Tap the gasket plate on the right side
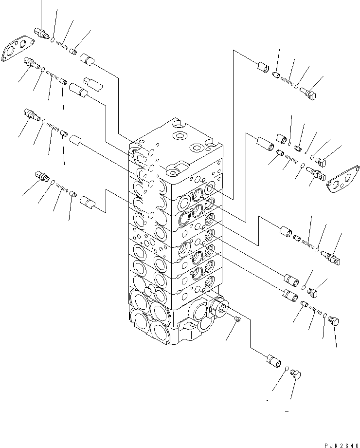(x=343, y=178)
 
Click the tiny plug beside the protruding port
(x=236, y=319)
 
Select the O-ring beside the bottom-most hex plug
(x=287, y=369)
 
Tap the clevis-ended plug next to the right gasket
(x=316, y=173)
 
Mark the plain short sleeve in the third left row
(x=74, y=141)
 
